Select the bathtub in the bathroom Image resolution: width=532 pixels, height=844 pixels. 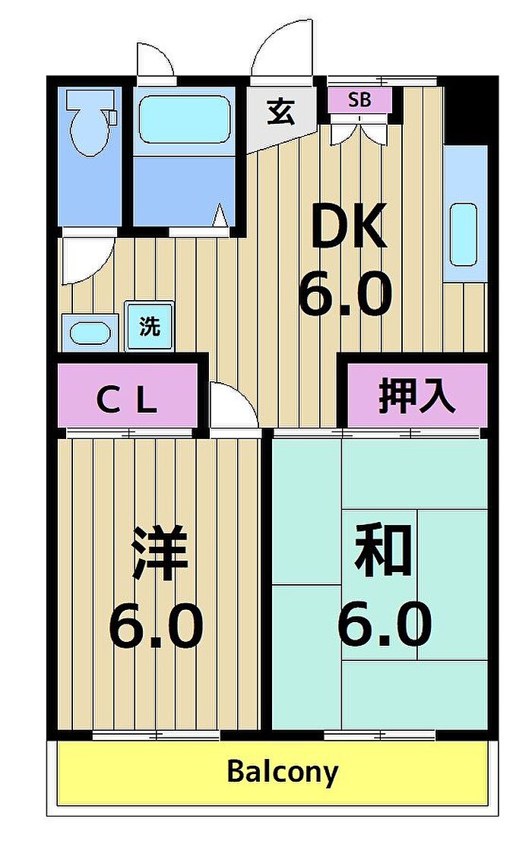point(184,119)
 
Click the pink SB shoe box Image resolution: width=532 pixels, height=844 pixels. point(359,100)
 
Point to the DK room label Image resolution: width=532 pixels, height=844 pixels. point(348,226)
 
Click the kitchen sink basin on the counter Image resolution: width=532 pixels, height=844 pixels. point(463,234)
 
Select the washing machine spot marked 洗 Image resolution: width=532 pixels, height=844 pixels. point(149,326)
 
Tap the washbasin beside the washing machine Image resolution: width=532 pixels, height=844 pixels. point(90,333)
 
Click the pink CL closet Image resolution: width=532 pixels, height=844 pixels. point(128,396)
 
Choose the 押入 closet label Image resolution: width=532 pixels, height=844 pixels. point(416,397)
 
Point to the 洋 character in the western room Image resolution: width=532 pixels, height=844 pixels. point(160,553)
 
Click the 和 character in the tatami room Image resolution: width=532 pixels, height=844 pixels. point(383,550)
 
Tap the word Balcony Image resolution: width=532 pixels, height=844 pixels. point(282,771)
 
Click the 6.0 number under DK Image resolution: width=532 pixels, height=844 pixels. point(345,294)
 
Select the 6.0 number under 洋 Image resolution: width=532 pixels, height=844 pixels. point(156,625)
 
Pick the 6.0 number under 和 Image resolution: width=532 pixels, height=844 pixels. point(385,624)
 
